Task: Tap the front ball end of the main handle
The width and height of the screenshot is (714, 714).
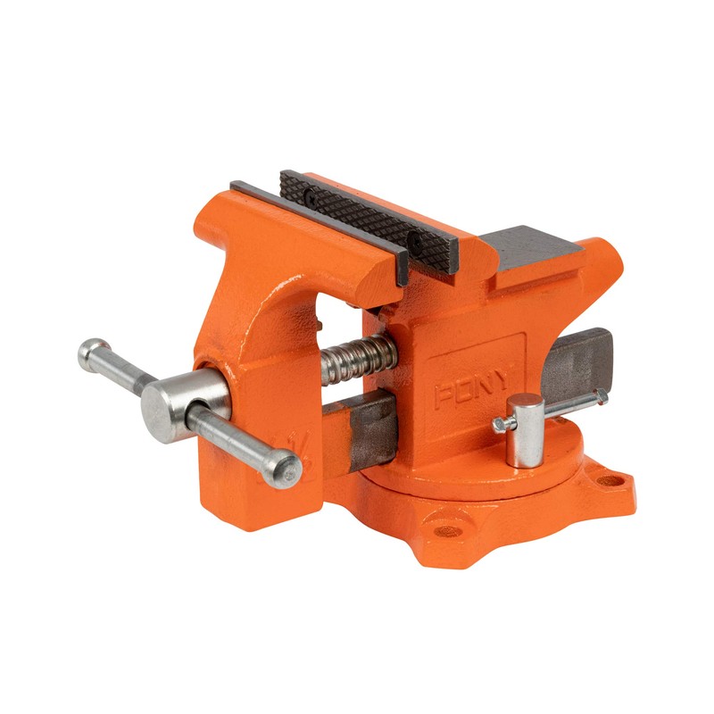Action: (x=286, y=466)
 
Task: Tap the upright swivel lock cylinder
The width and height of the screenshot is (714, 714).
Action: (x=525, y=429)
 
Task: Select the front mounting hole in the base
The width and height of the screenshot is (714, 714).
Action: (x=444, y=528)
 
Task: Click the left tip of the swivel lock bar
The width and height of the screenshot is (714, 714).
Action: (x=498, y=426)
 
